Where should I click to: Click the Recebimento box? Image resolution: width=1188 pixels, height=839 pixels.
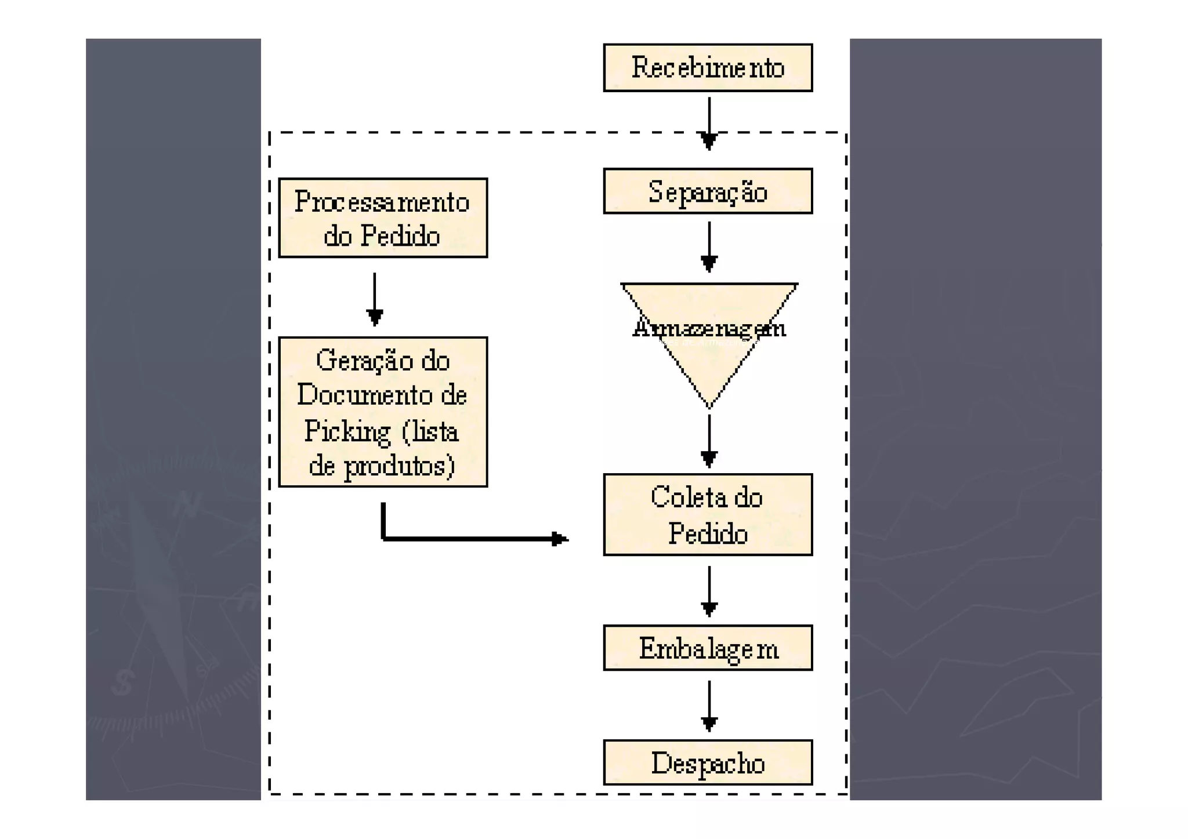(707, 68)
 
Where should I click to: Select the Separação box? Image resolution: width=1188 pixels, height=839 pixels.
(707, 191)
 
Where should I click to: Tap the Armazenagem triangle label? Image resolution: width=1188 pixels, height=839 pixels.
(709, 328)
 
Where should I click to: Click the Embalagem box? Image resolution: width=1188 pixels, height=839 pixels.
(707, 648)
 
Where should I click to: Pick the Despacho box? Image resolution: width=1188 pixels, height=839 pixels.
(707, 763)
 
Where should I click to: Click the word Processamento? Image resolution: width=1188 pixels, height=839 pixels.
(382, 202)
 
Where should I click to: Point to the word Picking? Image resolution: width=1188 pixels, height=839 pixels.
(347, 431)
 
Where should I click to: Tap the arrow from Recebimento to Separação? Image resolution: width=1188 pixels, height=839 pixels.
(709, 123)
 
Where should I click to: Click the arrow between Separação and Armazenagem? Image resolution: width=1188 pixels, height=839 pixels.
(709, 246)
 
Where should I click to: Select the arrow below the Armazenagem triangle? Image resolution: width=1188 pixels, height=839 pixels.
(709, 440)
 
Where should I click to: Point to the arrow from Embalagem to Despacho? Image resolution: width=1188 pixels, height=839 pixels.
(709, 705)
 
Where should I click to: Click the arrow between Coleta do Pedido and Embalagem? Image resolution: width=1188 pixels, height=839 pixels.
(709, 591)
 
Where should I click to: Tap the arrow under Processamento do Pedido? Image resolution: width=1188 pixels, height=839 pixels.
(375, 299)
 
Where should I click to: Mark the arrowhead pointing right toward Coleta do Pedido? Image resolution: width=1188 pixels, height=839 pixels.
(559, 539)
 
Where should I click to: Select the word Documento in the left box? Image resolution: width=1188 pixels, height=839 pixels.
(365, 395)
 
